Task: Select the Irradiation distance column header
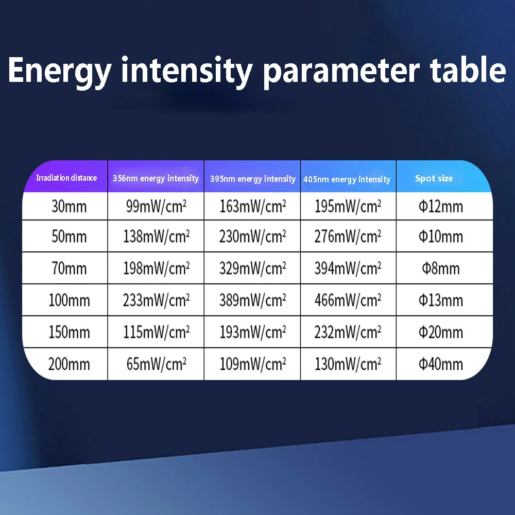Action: click(x=66, y=178)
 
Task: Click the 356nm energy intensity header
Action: click(x=156, y=178)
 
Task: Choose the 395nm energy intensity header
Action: click(x=252, y=179)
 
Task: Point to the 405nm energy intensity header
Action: click(x=347, y=179)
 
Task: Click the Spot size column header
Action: click(x=434, y=178)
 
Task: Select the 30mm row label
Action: click(x=69, y=207)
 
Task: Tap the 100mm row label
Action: click(x=69, y=300)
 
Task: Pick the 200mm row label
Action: click(x=69, y=364)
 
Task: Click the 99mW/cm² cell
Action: click(x=157, y=207)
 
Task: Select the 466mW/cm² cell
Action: click(x=348, y=300)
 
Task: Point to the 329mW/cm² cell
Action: click(x=252, y=268)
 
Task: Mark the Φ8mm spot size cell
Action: click(x=441, y=268)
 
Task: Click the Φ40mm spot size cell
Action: click(x=441, y=364)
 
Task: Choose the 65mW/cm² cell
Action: click(x=157, y=364)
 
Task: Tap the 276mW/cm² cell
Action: click(x=348, y=236)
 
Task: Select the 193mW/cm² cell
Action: click(x=252, y=332)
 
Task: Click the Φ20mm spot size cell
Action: click(x=441, y=332)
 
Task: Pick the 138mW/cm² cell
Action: click(x=157, y=236)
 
